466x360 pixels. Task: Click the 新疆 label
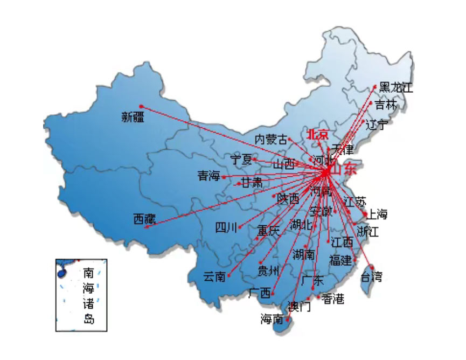pyautogui.click(x=133, y=117)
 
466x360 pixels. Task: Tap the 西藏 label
pyautogui.click(x=144, y=219)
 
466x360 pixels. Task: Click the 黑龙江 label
pyautogui.click(x=396, y=87)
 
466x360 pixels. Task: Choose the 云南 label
pyautogui.click(x=214, y=277)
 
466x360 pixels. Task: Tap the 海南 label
pyautogui.click(x=272, y=320)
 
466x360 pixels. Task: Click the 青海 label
pyautogui.click(x=209, y=176)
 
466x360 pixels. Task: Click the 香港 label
pyautogui.click(x=332, y=299)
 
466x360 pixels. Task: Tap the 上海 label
pyautogui.click(x=377, y=214)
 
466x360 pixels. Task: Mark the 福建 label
pyautogui.click(x=340, y=261)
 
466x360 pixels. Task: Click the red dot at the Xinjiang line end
pyautogui.click(x=141, y=106)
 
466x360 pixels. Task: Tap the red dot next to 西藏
pyautogui.click(x=146, y=227)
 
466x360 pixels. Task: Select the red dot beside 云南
pyautogui.click(x=229, y=276)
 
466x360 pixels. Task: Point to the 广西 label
pyautogui.click(x=260, y=294)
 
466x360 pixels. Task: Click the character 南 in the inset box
pyautogui.click(x=88, y=273)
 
